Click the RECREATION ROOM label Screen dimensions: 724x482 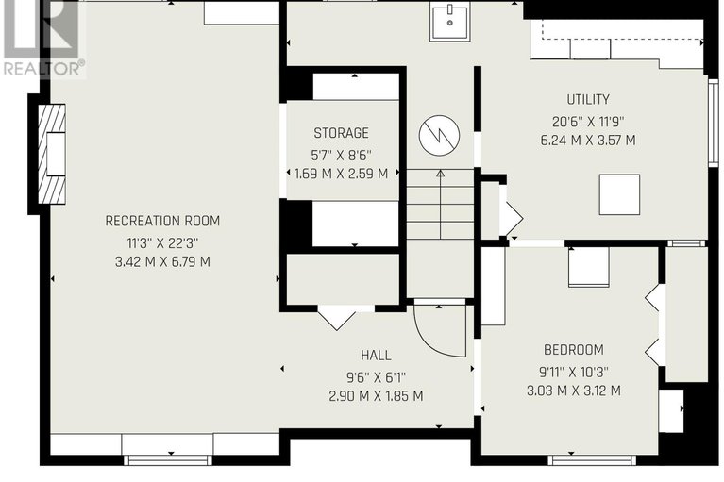(x=162, y=221)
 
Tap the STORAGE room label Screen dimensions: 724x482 (x=341, y=133)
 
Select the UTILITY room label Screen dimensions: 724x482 (x=588, y=99)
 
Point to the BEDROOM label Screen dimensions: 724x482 (x=574, y=350)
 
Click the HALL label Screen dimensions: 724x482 (x=376, y=356)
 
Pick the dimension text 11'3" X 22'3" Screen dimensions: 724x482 (x=162, y=242)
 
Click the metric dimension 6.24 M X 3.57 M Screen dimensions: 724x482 (x=588, y=141)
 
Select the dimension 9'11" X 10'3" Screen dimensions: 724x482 (x=574, y=371)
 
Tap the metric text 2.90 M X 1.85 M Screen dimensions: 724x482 (x=376, y=396)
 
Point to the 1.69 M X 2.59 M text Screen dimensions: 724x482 (x=341, y=174)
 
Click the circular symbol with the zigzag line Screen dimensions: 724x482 (x=439, y=136)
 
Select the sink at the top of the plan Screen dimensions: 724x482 (x=449, y=22)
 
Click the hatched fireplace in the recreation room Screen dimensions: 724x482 (x=51, y=154)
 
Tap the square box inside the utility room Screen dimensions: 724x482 (x=619, y=194)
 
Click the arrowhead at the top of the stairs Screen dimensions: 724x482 (x=441, y=174)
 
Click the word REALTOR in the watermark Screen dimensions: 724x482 (x=42, y=69)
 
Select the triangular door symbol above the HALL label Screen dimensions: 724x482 (x=337, y=318)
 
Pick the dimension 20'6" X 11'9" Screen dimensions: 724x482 (x=588, y=122)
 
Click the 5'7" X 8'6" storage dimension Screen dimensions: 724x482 (x=341, y=155)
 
